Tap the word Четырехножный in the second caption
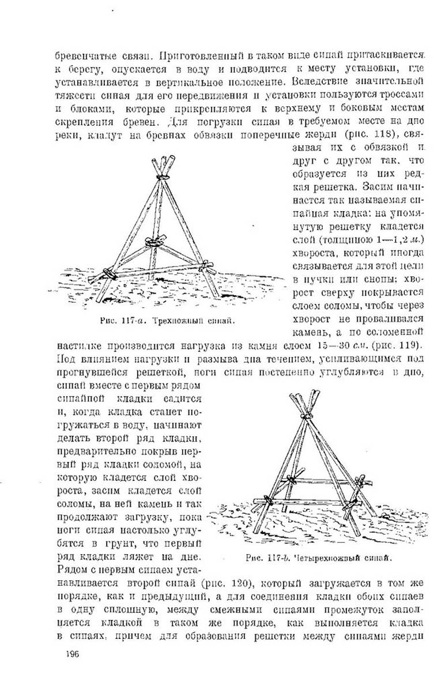tap(325, 558)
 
